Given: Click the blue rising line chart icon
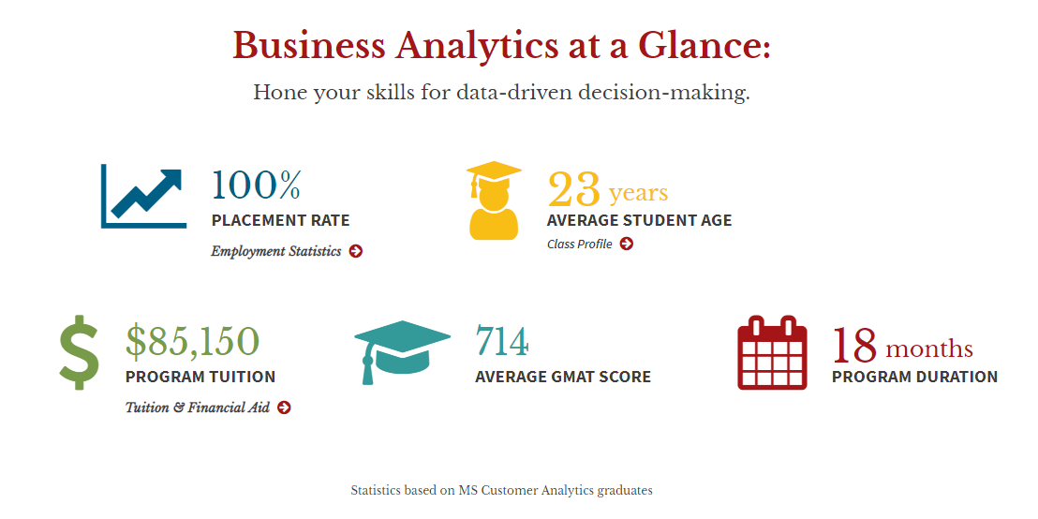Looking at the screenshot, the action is [143, 196].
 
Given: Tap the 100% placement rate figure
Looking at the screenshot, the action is [256, 185].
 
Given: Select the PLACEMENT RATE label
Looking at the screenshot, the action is [281, 220].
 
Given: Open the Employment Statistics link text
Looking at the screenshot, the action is [276, 252].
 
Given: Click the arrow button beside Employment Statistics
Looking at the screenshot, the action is [356, 251].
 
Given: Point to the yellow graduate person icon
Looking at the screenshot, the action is [494, 200].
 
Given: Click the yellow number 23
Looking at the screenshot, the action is [574, 189].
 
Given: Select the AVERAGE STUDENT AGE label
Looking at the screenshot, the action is [640, 220].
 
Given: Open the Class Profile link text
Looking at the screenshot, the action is [579, 245].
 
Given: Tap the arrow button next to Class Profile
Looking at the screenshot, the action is [626, 244].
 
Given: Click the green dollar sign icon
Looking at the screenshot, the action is [80, 352].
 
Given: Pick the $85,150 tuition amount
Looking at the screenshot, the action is [192, 341].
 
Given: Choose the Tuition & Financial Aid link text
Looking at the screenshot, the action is [198, 408].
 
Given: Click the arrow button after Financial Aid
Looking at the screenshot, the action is [284, 408].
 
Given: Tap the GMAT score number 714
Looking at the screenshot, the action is [502, 342].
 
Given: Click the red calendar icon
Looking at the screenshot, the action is [772, 352].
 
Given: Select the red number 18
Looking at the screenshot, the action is [854, 345].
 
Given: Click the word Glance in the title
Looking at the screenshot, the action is [704, 46].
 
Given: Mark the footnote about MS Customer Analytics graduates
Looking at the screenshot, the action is [502, 491].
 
